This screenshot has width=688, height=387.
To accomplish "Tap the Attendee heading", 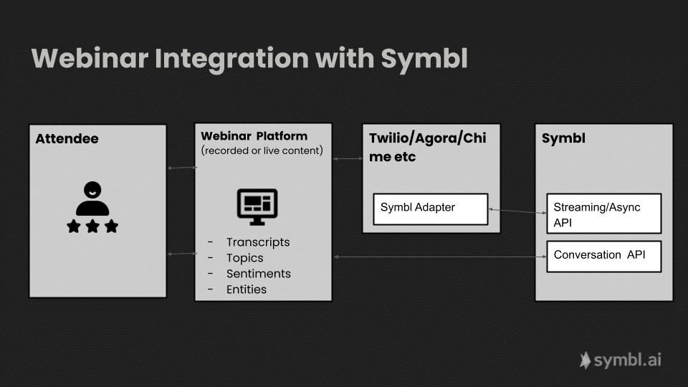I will point(67,138).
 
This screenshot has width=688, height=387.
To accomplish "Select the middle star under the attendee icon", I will point(92,226).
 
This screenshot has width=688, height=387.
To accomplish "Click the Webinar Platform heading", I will point(254,135).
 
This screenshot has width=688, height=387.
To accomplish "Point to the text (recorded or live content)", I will point(262,150).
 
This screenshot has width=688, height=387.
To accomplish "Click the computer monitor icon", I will point(257,203).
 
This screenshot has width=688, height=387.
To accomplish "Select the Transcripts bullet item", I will point(258,242).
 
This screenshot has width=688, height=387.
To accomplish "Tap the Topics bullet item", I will point(244,258).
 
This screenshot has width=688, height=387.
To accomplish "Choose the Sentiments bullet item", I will point(258,274).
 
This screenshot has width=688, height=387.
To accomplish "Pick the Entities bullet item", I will point(246,290).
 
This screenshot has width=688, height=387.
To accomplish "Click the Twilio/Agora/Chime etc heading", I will point(427,147).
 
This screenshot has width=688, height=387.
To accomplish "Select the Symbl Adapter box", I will point(430,209).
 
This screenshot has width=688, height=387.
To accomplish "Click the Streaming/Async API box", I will point(603,214).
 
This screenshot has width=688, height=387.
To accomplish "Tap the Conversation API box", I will point(603,256).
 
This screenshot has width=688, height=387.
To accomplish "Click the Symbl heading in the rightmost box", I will point(563,138).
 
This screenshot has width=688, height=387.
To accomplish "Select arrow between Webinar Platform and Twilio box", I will point(348,159).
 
